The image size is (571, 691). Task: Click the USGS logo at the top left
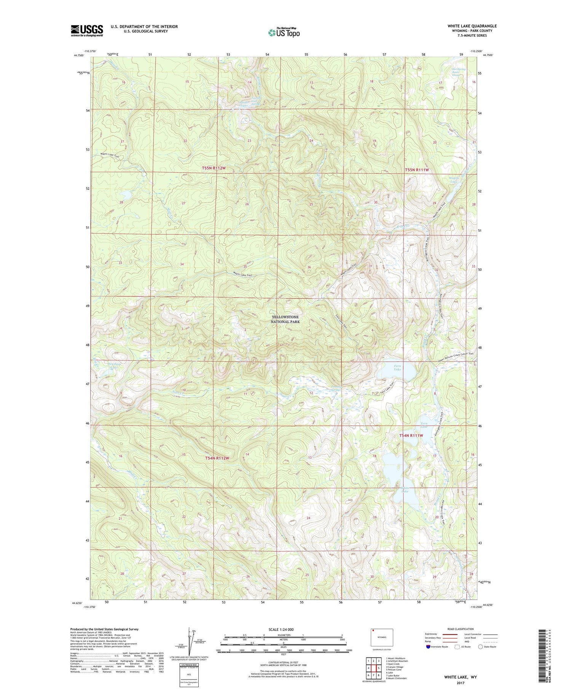tap(87, 30)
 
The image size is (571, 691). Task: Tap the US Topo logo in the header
tap(284, 33)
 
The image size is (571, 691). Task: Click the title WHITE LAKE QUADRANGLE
tap(472, 26)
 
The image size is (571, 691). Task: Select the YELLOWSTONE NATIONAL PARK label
tap(285, 319)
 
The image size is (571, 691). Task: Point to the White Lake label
tap(405, 489)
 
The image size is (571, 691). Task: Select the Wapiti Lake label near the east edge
tap(454, 180)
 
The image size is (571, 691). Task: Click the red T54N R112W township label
tap(217, 458)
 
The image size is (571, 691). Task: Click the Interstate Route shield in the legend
tap(428, 647)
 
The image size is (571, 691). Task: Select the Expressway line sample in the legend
tap(450, 634)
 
